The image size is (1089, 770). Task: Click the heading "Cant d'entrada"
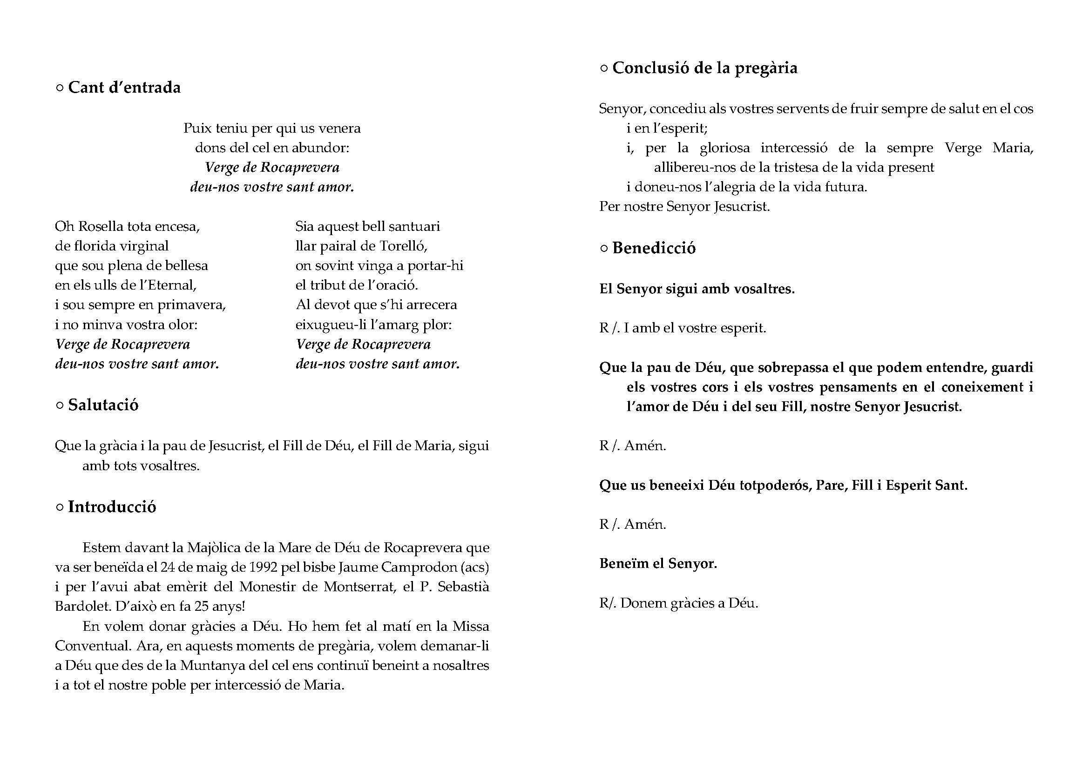coord(124,88)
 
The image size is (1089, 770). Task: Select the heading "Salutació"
coord(103,405)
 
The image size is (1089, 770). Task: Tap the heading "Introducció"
coord(112,507)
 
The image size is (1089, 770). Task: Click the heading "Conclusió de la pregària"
coord(705,68)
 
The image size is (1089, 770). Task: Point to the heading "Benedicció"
coord(654,248)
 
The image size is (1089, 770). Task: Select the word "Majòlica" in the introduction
coord(214,547)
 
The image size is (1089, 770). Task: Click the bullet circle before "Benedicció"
coord(604,249)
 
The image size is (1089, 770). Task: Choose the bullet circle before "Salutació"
coord(60,405)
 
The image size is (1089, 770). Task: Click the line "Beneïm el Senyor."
coord(658,563)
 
